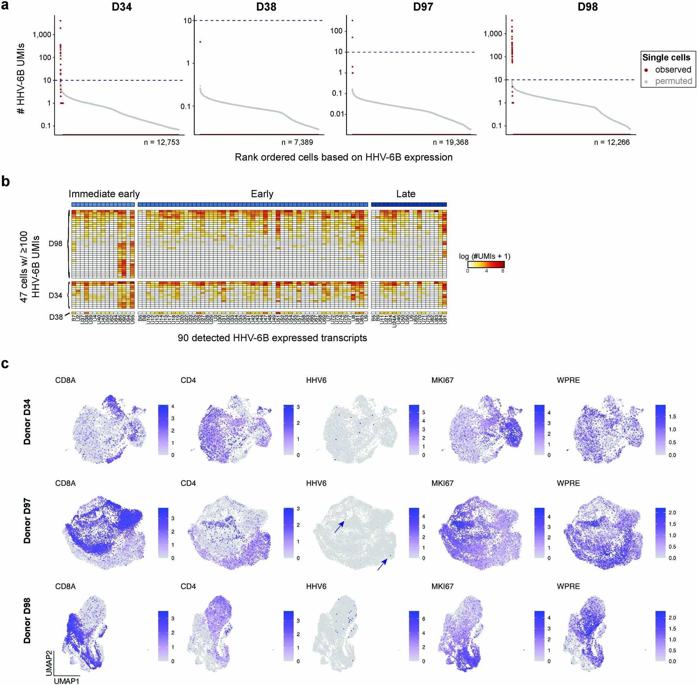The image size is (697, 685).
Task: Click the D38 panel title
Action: point(266,7)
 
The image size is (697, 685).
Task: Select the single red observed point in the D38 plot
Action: point(200,42)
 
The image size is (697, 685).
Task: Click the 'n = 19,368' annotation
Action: point(451,142)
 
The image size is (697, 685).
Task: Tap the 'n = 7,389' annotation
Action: point(297,142)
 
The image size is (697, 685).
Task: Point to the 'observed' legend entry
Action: point(672,70)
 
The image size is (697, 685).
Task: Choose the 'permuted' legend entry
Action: point(673,81)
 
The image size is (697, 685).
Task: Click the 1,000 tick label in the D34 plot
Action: point(42,35)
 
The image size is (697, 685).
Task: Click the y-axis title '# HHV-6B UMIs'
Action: point(21,78)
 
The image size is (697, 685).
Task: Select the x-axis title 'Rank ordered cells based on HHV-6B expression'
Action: point(343,157)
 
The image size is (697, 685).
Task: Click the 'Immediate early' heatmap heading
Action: point(104,194)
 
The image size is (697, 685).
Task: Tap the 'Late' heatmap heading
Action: point(406,194)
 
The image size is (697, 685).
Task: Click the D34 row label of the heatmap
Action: point(55,295)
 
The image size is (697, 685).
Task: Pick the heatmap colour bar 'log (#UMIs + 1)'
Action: point(485,264)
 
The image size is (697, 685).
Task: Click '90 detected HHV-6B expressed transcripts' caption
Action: point(272,338)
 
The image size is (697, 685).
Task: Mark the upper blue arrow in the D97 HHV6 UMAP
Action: point(339,527)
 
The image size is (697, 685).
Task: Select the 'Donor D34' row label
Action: point(27,422)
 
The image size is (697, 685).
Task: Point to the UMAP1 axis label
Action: point(67,681)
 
